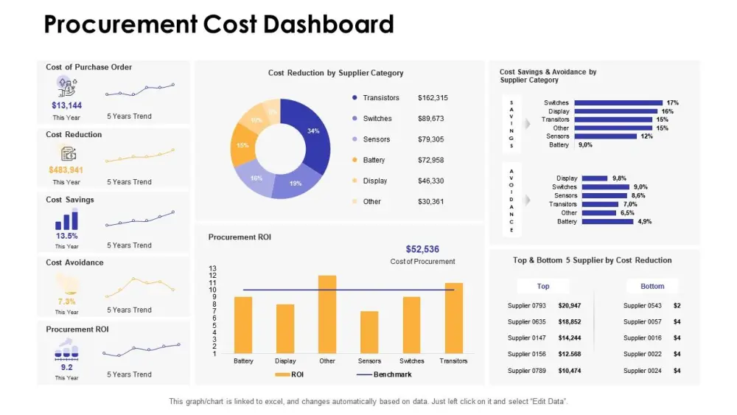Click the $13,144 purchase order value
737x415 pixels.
pyautogui.click(x=66, y=105)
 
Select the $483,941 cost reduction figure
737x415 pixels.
pyautogui.click(x=66, y=170)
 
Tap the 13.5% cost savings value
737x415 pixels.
pyautogui.click(x=66, y=236)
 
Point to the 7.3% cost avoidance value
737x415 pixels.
pyautogui.click(x=66, y=301)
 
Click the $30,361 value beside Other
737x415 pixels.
pyautogui.click(x=430, y=201)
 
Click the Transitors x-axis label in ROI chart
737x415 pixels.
pyautogui.click(x=453, y=361)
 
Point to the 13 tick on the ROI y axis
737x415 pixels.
pyautogui.click(x=213, y=269)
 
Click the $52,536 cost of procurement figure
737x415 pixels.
pyautogui.click(x=422, y=249)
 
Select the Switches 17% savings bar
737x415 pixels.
pyautogui.click(x=618, y=103)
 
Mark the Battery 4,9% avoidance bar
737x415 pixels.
pyautogui.click(x=607, y=221)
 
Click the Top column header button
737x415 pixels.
pyautogui.click(x=543, y=286)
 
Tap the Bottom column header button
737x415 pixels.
pyautogui.click(x=652, y=286)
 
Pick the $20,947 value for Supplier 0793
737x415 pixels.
pyautogui.click(x=569, y=305)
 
